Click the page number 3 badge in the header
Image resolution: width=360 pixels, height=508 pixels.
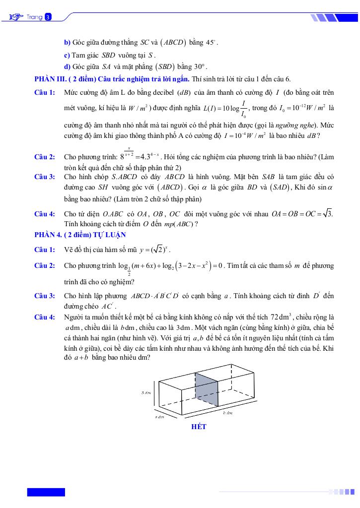pos(48,17)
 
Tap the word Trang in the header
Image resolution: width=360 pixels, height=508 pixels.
pos(35,17)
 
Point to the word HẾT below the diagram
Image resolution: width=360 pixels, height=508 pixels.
pos(199,427)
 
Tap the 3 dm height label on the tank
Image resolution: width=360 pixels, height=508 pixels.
pos(146,392)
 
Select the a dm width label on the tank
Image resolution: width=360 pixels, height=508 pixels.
pos(159,416)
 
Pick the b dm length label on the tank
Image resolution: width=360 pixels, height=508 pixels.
pos(228,413)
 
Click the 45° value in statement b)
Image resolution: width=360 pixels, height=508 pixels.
pos(212,43)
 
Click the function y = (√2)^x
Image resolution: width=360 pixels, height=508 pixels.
pos(156,250)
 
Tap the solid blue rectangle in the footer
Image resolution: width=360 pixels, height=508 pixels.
pos(46,492)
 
